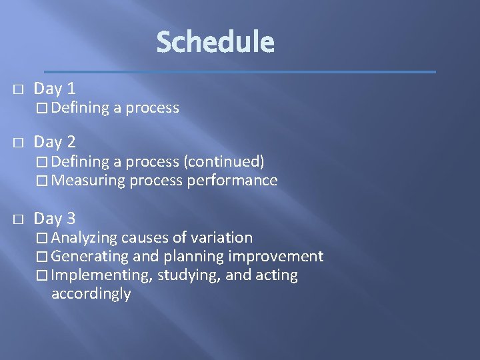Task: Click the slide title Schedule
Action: pyautogui.click(x=215, y=42)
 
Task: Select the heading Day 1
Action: pyautogui.click(x=55, y=89)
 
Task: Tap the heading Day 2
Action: pyautogui.click(x=55, y=141)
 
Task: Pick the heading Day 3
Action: pyautogui.click(x=55, y=218)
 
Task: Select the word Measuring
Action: pyautogui.click(x=88, y=180)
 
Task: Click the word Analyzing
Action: pyautogui.click(x=84, y=237)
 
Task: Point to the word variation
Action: pyautogui.click(x=223, y=237)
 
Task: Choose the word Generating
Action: pyautogui.click(x=90, y=256)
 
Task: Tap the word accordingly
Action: pyautogui.click(x=91, y=294)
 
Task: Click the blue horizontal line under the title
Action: pyautogui.click(x=240, y=71)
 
